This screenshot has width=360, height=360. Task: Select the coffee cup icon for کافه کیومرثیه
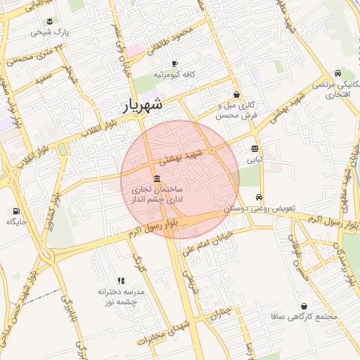pos(174,63)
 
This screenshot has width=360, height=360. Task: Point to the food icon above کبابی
pos(254,148)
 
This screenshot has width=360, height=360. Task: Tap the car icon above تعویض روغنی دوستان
pos(260,198)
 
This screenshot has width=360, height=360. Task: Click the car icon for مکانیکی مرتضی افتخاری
pos(338,73)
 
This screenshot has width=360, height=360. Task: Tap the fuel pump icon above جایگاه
pos(16,210)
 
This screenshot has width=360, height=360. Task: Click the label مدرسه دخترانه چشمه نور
pos(121,296)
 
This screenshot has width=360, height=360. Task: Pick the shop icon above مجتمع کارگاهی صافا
pos(304,307)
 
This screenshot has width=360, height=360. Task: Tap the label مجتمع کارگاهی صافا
pos(304,317)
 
